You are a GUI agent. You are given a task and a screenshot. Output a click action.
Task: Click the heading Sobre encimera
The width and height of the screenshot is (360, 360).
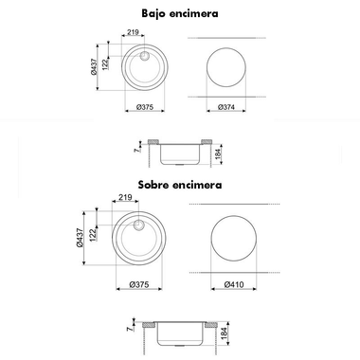(x=179, y=186)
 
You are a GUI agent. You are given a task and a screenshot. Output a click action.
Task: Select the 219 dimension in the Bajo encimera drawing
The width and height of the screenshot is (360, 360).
(x=132, y=31)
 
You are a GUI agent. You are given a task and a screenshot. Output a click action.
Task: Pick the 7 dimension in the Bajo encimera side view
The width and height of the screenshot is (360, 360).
(x=136, y=149)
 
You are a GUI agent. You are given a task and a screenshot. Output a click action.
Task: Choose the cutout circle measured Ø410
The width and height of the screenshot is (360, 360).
(x=234, y=240)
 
